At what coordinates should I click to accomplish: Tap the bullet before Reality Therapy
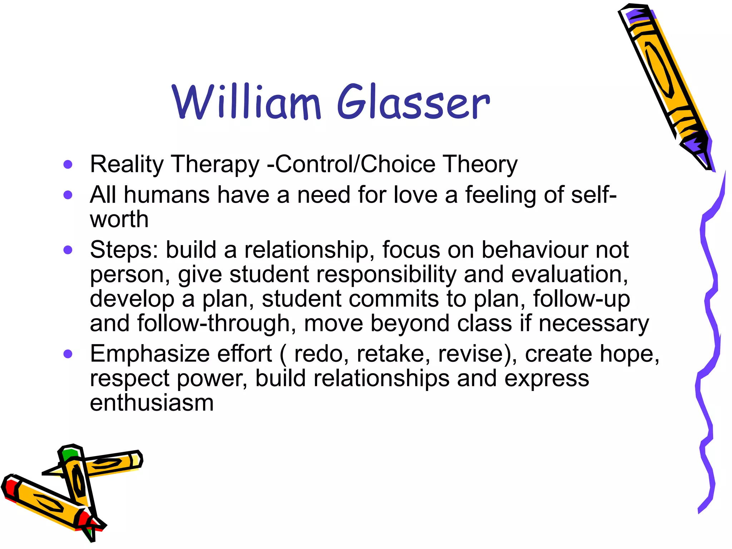pyautogui.click(x=68, y=165)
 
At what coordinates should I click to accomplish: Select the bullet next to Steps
pyautogui.click(x=68, y=250)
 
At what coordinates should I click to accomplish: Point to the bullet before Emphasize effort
pyautogui.click(x=68, y=354)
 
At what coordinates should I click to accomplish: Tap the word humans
pyautogui.click(x=167, y=195)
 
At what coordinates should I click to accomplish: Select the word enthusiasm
pyautogui.click(x=152, y=403)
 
